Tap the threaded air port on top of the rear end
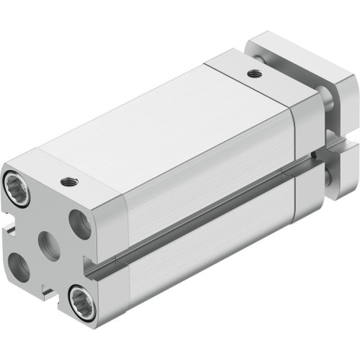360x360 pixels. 251,73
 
